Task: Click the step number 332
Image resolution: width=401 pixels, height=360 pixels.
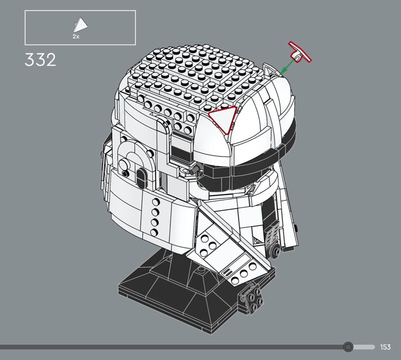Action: [40, 60]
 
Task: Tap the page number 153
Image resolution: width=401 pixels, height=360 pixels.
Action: [385, 347]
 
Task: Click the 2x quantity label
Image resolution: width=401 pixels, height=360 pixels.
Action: [76, 37]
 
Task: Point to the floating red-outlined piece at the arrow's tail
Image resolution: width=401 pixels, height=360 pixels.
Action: [299, 53]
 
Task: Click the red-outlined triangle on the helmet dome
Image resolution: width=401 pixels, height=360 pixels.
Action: [222, 118]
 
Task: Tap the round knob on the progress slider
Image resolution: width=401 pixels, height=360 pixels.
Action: [348, 347]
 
